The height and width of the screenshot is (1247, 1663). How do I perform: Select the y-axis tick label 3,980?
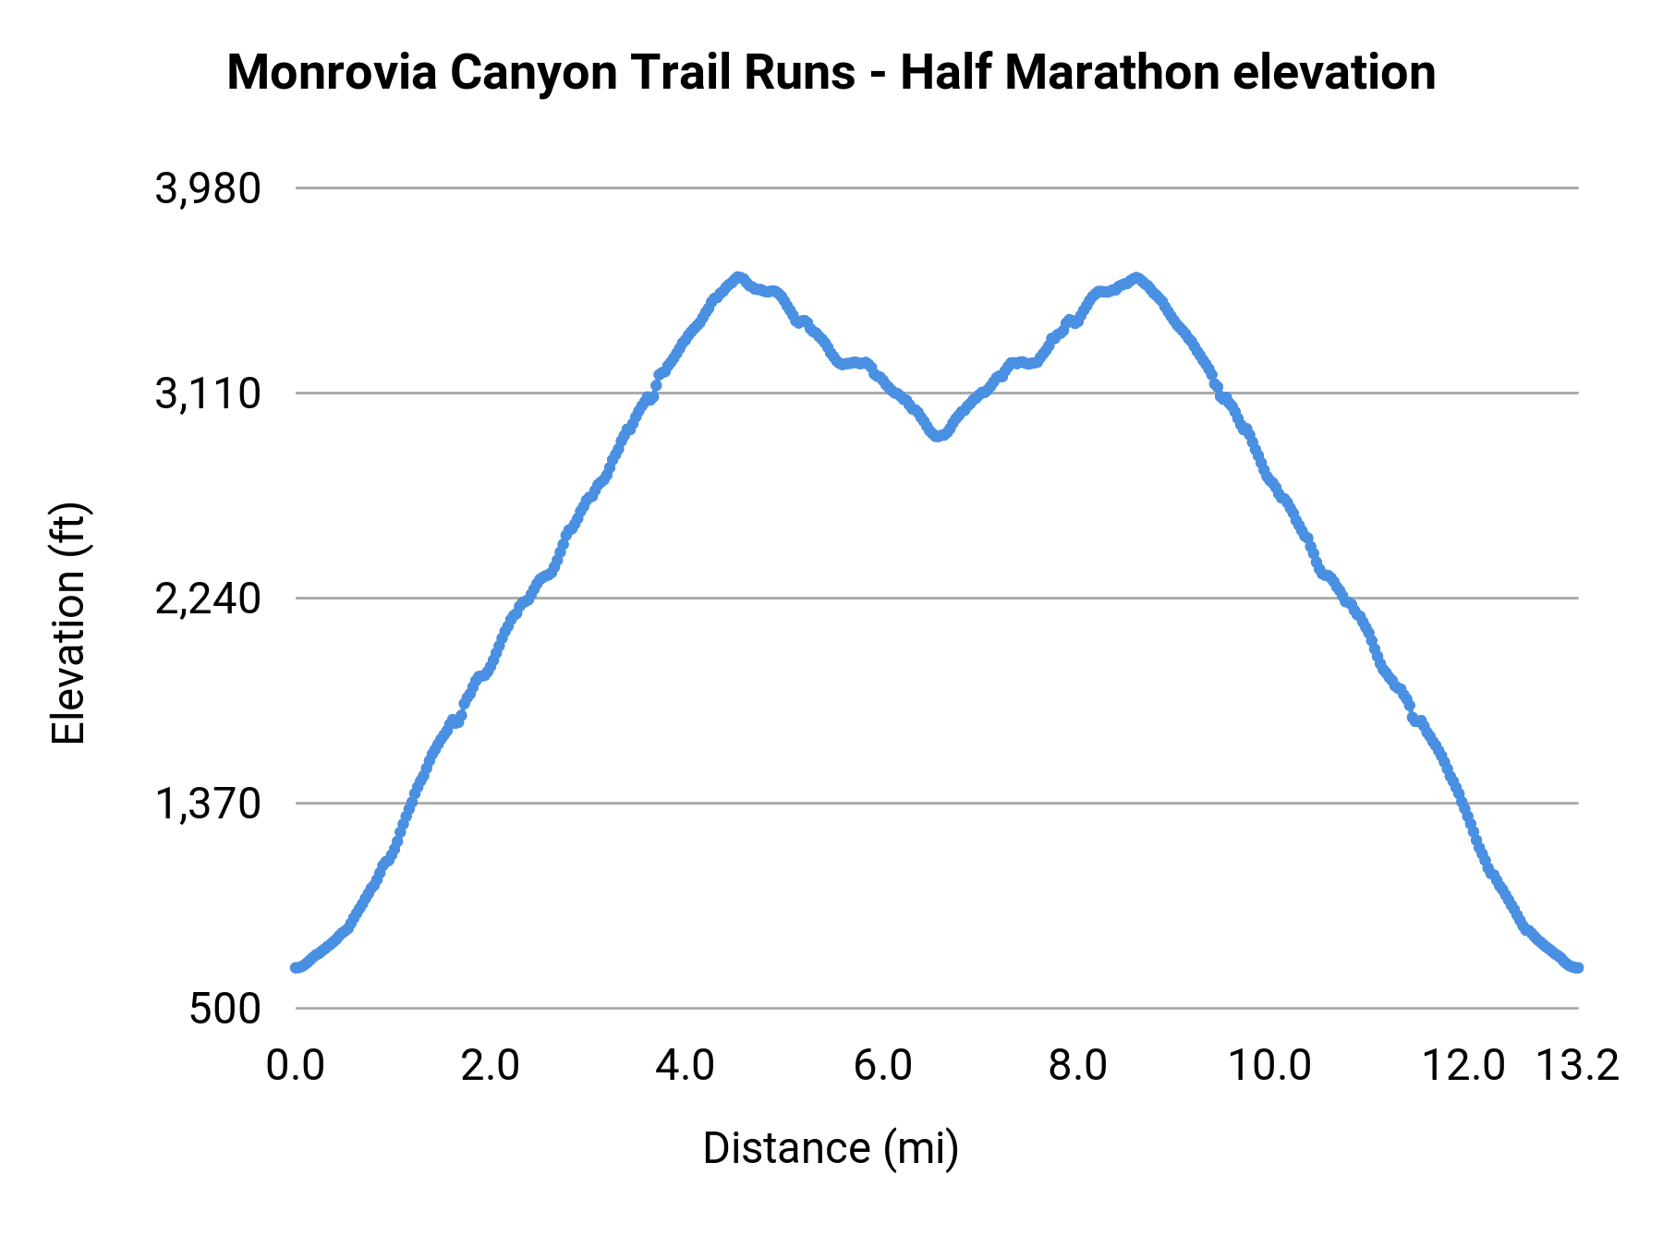coord(208,189)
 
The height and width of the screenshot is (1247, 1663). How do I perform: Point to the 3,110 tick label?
coord(208,394)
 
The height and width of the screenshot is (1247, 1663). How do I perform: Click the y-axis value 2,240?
coord(208,599)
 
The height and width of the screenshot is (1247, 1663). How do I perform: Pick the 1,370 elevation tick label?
coord(208,805)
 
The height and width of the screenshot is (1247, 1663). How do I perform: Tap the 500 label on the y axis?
coord(225,1009)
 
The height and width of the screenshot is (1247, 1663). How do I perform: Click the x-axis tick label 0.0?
coord(295,1065)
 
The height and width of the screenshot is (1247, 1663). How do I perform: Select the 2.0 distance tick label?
coord(491,1065)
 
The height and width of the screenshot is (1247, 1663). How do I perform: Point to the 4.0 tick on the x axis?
coord(686,1065)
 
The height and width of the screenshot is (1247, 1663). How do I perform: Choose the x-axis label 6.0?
coord(882,1065)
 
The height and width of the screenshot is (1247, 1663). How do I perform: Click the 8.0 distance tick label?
coord(1077,1065)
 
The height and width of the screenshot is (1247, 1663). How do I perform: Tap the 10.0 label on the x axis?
coord(1269,1065)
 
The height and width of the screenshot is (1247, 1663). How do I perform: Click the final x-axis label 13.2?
coord(1577,1065)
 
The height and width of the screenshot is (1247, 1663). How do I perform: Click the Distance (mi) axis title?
coord(831,1148)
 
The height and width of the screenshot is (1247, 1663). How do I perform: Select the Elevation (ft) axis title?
coord(68,623)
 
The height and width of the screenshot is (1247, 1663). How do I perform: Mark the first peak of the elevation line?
coord(737,276)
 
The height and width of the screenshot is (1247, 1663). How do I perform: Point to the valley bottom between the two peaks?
coord(938,436)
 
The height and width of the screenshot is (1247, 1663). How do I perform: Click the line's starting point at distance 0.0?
coord(296,967)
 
